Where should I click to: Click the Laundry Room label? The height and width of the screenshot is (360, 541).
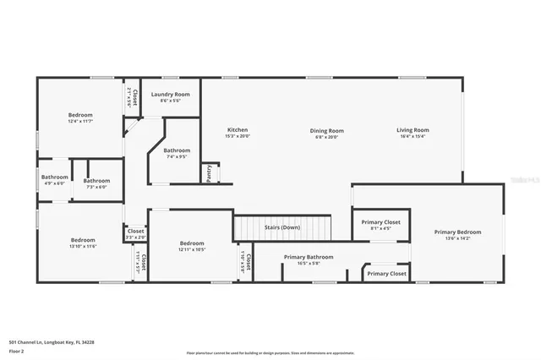point(171,94)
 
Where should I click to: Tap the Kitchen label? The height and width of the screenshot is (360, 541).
point(238,130)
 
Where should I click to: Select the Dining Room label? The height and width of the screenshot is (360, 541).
point(326,131)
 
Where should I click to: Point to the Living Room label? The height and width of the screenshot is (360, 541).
point(413,130)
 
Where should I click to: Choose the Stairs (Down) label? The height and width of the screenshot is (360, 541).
point(282,227)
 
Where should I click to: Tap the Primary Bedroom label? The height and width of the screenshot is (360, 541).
point(457,232)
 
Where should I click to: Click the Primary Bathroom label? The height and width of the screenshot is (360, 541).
point(309,257)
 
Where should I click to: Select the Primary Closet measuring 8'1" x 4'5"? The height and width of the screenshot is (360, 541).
point(381,222)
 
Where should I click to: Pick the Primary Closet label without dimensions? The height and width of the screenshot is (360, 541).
point(386,274)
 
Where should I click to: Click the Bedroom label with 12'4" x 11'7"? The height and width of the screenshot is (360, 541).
point(80,115)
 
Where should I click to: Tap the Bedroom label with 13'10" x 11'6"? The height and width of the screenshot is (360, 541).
point(83,240)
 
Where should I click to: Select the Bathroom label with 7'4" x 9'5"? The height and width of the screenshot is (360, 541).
point(178,150)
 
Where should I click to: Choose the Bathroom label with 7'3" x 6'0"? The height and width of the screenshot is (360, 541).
point(96,181)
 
